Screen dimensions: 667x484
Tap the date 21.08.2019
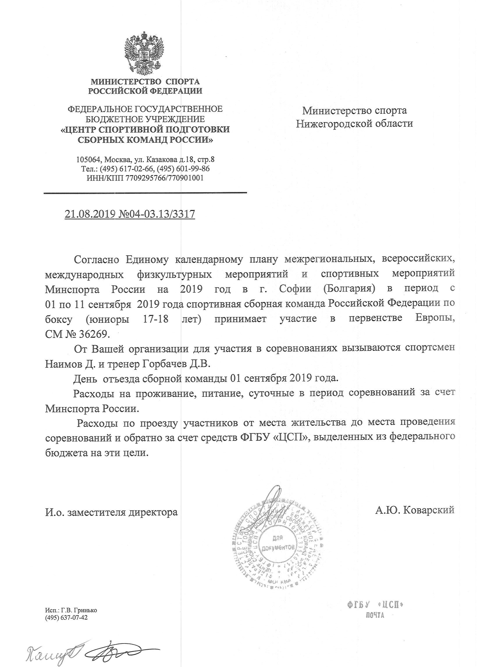point(90,214)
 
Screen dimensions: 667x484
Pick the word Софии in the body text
point(295,289)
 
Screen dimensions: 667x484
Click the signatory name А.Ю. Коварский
point(414,510)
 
